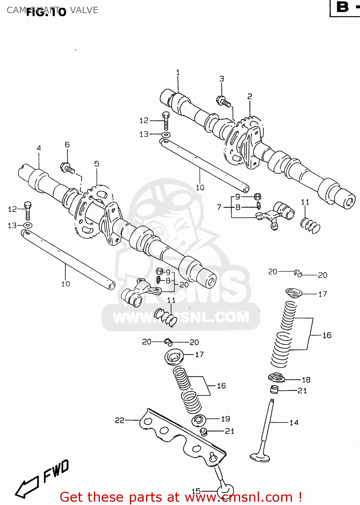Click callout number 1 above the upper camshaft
click(x=178, y=72)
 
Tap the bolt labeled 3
click(x=224, y=101)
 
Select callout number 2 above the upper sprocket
click(x=250, y=97)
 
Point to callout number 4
click(x=39, y=148)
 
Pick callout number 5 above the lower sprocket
click(x=97, y=164)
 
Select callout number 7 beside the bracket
click(x=219, y=207)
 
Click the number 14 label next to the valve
click(x=294, y=423)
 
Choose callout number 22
click(x=119, y=420)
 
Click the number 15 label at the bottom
click(x=196, y=491)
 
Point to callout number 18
click(x=306, y=380)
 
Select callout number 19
click(x=225, y=419)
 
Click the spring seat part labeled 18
click(x=277, y=377)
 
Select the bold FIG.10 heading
click(x=46, y=12)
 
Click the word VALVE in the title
click(x=84, y=10)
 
